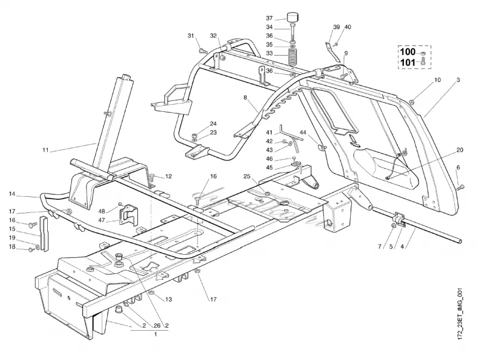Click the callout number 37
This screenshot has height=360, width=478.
pyautogui.click(x=269, y=19)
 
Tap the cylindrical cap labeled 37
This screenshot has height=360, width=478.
pyautogui.click(x=293, y=17)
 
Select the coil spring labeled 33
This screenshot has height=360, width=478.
pyautogui.click(x=293, y=56)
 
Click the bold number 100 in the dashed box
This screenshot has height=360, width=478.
pyautogui.click(x=407, y=51)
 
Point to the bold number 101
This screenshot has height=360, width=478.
pyautogui.click(x=407, y=63)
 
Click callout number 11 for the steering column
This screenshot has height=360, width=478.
pyautogui.click(x=45, y=150)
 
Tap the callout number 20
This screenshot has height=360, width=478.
pyautogui.click(x=459, y=150)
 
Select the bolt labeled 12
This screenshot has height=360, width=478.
pyautogui.click(x=153, y=176)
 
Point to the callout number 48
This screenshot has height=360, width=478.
pyautogui.click(x=102, y=211)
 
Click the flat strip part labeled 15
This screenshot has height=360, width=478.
pyautogui.click(x=44, y=234)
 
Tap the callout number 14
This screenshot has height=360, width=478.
pyautogui.click(x=12, y=194)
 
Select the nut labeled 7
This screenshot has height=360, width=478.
pyautogui.click(x=393, y=225)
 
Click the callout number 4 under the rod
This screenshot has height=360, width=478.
pyautogui.click(x=402, y=247)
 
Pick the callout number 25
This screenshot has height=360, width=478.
pyautogui.click(x=247, y=176)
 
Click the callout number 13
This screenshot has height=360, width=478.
pyautogui.click(x=168, y=299)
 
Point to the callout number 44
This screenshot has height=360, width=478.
pyautogui.click(x=303, y=133)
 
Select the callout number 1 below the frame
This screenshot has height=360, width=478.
pyautogui.click(x=155, y=334)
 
